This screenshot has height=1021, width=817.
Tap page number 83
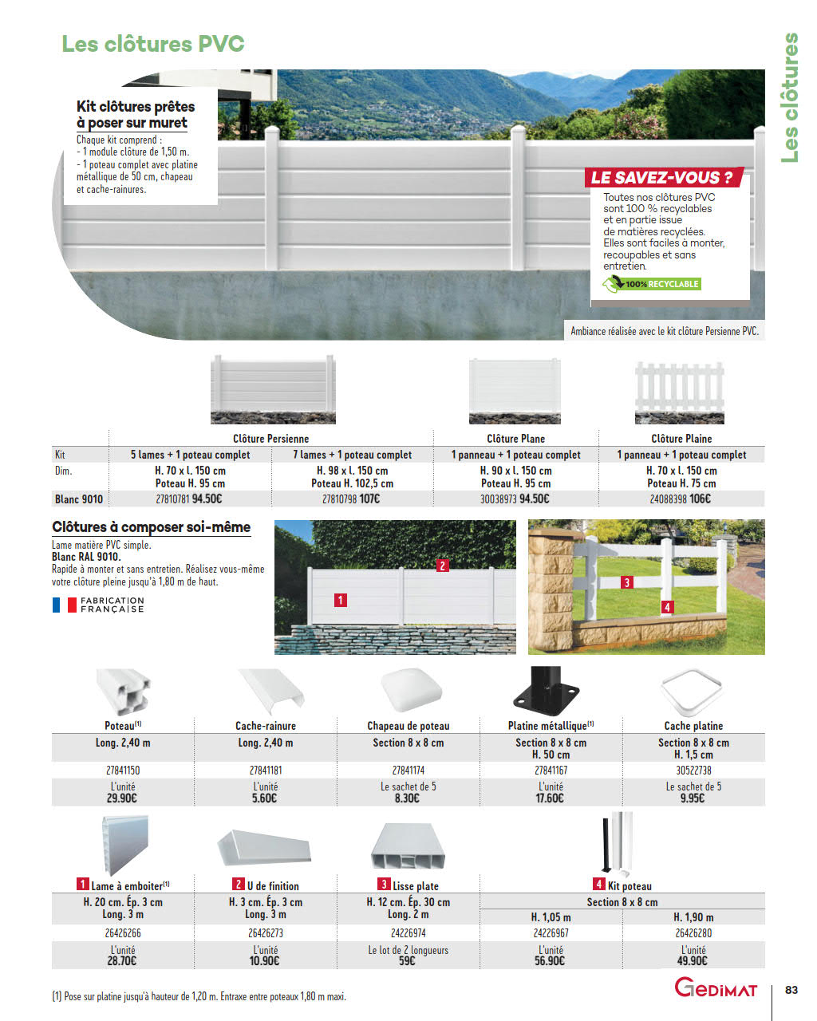pyautogui.click(x=791, y=990)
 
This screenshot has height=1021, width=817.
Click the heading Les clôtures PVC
pyautogui.click(x=153, y=44)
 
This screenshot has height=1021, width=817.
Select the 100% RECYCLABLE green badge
pyautogui.click(x=651, y=284)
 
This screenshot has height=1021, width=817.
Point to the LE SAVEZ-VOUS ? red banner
pyautogui.click(x=661, y=177)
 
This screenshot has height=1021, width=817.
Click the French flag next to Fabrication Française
pyautogui.click(x=65, y=605)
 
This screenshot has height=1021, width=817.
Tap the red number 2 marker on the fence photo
pyautogui.click(x=443, y=566)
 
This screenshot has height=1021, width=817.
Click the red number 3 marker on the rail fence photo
pyautogui.click(x=627, y=582)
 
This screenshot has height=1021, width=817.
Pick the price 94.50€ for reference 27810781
pyautogui.click(x=207, y=499)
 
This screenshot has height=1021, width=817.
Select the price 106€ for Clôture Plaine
pyautogui.click(x=700, y=499)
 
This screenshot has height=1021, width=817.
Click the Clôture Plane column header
pyautogui.click(x=515, y=439)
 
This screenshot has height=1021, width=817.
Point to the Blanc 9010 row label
pyautogui.click(x=79, y=499)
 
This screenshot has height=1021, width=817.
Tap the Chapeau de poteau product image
pyautogui.click(x=410, y=691)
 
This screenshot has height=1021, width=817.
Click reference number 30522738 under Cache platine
pyautogui.click(x=693, y=771)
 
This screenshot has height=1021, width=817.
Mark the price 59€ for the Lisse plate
pyautogui.click(x=407, y=961)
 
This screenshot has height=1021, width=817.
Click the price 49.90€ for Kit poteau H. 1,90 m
pyautogui.click(x=693, y=961)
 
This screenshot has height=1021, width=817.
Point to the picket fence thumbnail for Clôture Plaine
pyautogui.click(x=680, y=391)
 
